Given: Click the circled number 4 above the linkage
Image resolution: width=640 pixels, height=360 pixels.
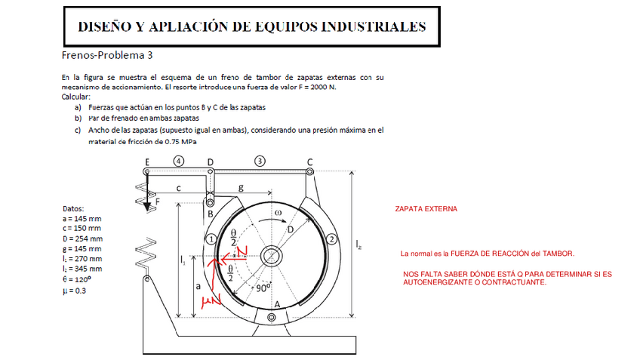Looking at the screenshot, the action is coord(178,161).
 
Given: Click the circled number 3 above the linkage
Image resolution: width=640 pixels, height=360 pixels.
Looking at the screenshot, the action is coord(260,161).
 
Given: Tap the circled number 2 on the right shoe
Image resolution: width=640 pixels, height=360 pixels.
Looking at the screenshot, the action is coord(331,238).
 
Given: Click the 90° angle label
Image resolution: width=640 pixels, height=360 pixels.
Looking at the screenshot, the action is coord(263,288).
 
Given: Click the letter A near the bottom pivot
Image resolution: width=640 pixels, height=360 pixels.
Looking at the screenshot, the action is coord(276,304).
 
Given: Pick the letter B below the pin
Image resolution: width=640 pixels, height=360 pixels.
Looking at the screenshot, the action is coord(211,215).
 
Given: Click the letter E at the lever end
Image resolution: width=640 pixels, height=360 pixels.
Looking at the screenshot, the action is coord(146,162).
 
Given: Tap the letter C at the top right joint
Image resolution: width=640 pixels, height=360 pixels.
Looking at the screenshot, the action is coord(309,162).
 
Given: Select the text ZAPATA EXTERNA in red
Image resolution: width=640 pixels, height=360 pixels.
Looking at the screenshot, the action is coord(426,208).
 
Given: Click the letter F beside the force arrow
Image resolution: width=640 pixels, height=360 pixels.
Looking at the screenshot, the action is coord(158,202).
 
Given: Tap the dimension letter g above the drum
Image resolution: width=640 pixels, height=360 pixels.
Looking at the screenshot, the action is coord(240,186).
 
